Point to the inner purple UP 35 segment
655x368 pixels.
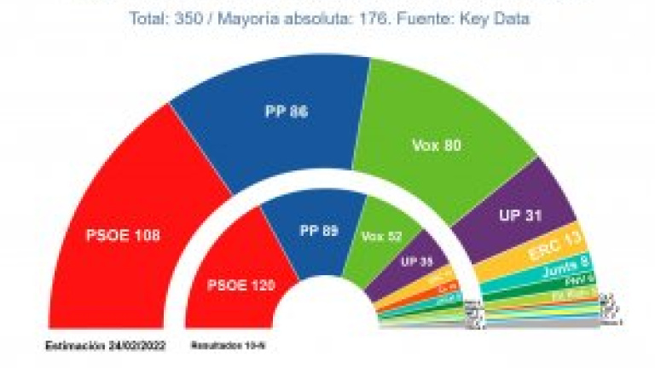(x=415, y=262)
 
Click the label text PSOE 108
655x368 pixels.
(x=124, y=233)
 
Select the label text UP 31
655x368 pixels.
(x=521, y=215)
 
